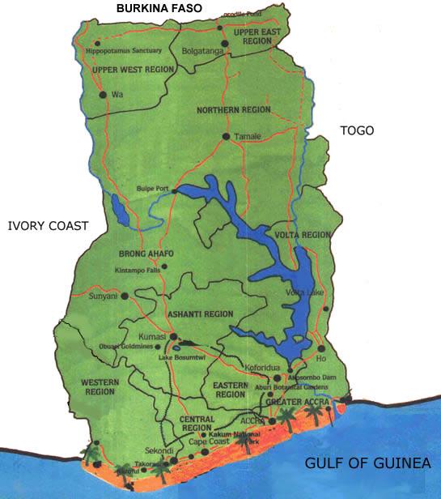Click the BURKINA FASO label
point(159,9)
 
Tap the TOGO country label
point(357,130)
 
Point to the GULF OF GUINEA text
point(367,463)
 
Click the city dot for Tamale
point(226,136)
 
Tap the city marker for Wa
point(103,95)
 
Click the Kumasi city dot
point(172,336)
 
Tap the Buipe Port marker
point(173,190)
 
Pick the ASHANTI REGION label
point(199,313)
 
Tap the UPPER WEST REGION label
point(134,70)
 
